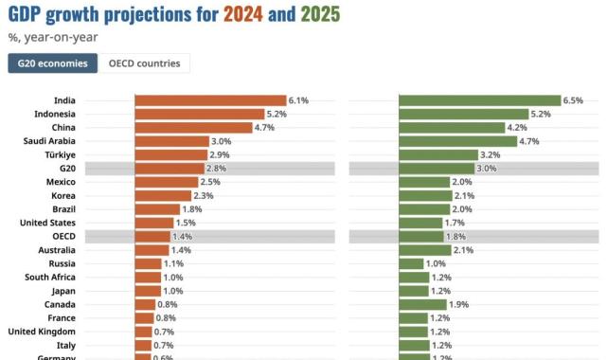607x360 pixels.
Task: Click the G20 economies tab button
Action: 53,63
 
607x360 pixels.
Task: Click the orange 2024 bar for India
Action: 209,99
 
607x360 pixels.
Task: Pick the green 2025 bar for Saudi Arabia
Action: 457,141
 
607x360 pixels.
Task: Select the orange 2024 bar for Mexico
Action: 166,182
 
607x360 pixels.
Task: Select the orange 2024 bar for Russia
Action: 147,263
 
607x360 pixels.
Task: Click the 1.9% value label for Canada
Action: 459,305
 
